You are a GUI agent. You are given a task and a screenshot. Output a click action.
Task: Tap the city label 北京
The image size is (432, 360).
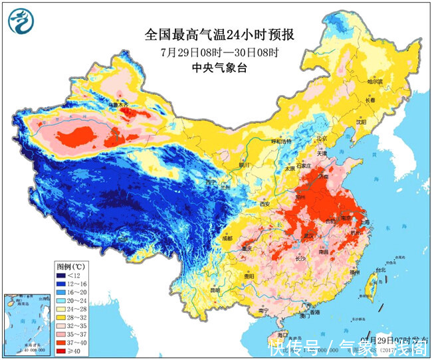(322, 139)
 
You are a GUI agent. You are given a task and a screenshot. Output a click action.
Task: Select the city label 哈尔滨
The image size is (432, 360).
(377, 82)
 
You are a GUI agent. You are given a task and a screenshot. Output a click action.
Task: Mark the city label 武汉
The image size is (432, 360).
(308, 235)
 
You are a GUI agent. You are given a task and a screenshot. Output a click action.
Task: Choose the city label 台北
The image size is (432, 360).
(380, 271)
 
